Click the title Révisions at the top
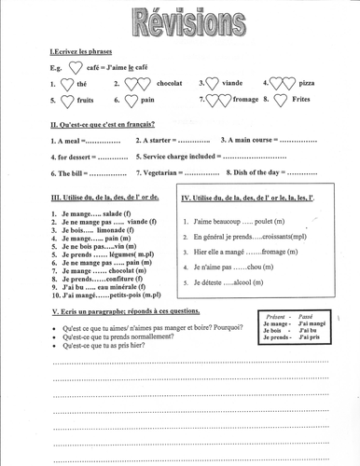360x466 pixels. pyautogui.click(x=179, y=21)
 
